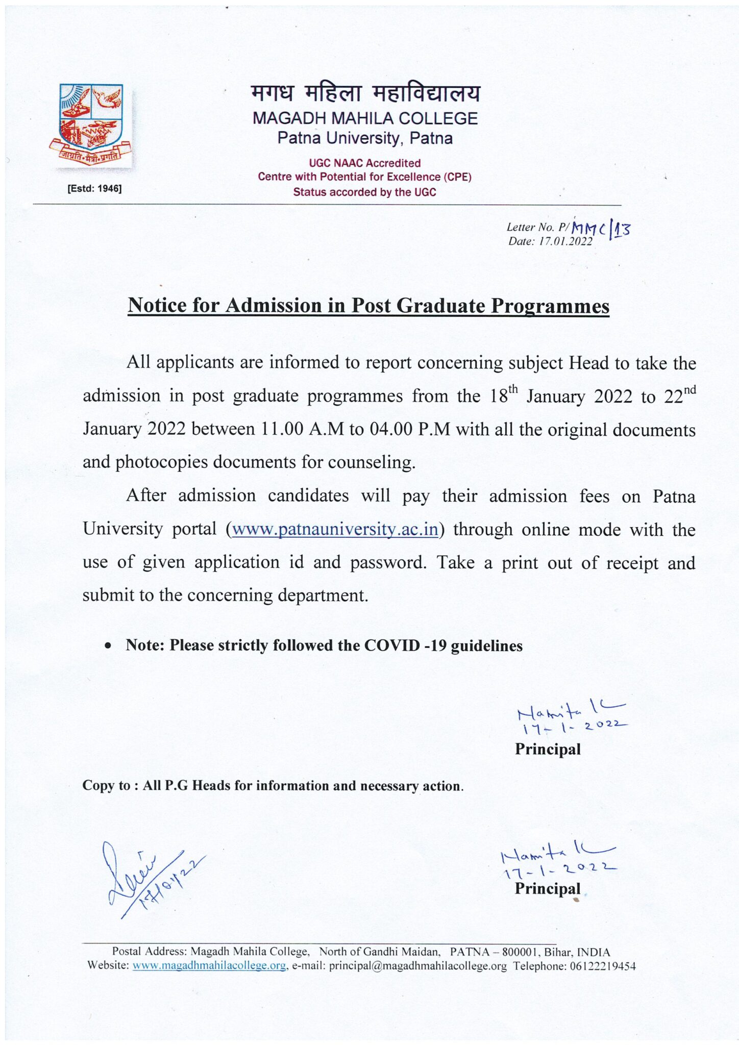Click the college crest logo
coord(91,124)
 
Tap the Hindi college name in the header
coord(365,94)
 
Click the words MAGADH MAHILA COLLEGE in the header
coord(365,118)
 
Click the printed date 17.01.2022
coord(565,242)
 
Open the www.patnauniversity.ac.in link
coord(335,529)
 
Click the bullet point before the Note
coord(107,645)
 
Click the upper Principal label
coord(548,749)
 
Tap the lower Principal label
coord(548,888)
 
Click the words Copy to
coord(106,785)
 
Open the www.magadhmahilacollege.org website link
coord(209,965)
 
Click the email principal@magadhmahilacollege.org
coord(417,965)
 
